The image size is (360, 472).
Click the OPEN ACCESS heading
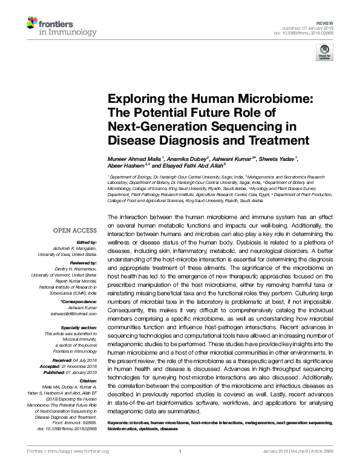point(74,231)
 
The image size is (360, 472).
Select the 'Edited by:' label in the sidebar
point(85,241)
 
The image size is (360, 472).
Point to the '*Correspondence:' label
point(79,301)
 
